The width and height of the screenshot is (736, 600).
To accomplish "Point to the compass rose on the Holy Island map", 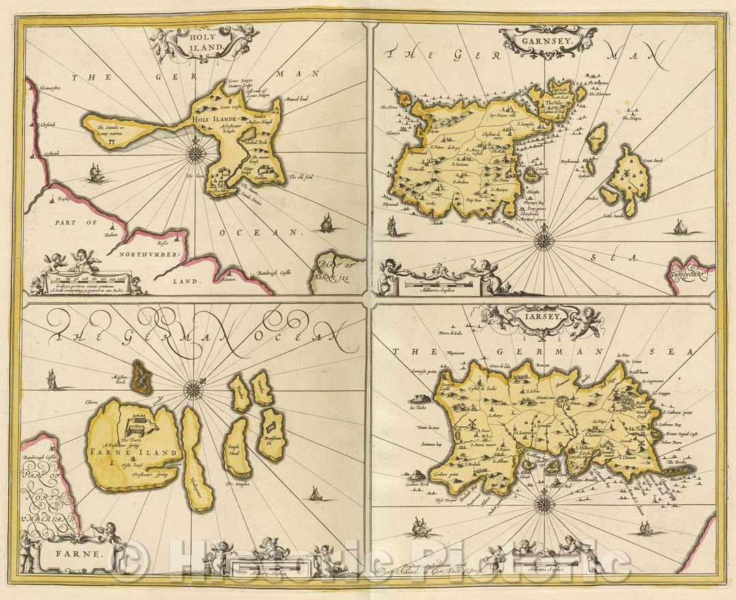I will coord(196,151).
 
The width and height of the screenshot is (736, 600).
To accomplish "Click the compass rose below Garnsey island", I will coord(543,240).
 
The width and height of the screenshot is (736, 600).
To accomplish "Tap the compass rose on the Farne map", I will coord(194,389).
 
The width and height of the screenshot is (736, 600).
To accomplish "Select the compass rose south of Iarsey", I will coord(543,504).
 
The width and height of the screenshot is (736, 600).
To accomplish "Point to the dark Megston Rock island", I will coord(142,377).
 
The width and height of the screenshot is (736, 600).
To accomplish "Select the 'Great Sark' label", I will coord(652,161).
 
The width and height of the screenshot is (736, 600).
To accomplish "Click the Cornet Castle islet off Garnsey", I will coord(529,175).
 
